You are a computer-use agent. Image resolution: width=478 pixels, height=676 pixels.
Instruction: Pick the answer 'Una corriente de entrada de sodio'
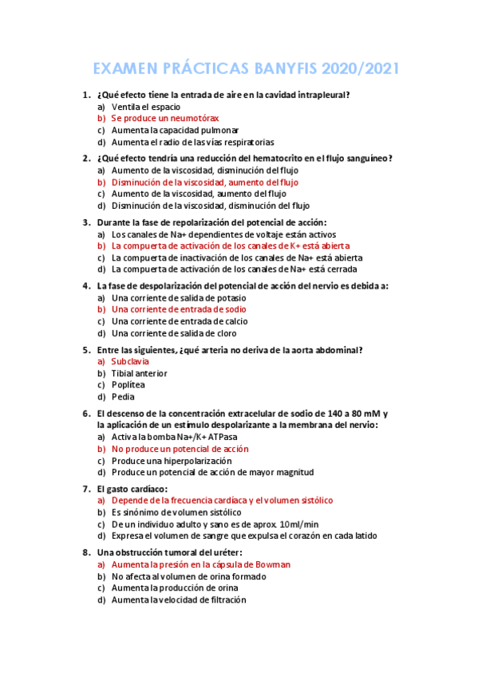click(x=179, y=309)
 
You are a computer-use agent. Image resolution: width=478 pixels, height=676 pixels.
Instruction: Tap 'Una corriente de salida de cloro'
click(x=174, y=333)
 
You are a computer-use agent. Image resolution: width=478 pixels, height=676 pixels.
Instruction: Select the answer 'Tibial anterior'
click(x=140, y=373)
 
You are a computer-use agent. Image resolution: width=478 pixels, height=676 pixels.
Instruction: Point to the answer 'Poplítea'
click(x=128, y=385)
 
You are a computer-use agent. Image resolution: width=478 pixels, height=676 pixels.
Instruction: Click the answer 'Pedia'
click(x=123, y=397)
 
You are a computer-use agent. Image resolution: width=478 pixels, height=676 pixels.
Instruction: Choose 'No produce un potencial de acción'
click(x=180, y=449)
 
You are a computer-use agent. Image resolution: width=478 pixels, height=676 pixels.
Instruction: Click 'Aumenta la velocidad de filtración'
click(x=179, y=599)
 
